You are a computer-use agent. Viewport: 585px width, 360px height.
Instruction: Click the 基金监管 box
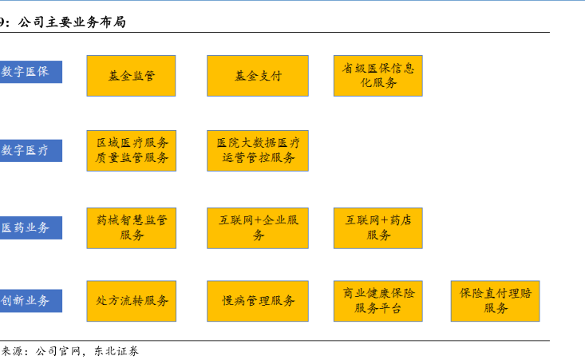132,76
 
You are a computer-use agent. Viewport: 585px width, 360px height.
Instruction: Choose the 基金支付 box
257,76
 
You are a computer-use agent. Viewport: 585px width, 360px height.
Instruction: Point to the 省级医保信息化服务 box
377,75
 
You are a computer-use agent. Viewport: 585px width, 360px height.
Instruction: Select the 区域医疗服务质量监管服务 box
132,150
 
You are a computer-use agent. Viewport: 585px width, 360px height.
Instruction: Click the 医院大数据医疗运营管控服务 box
257,150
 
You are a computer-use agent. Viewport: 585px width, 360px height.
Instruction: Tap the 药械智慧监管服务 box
132,227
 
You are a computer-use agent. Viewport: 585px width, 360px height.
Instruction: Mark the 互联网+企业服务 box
257,227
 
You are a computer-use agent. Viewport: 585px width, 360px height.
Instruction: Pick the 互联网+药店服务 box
377,227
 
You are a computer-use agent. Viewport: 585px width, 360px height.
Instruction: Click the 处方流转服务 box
132,301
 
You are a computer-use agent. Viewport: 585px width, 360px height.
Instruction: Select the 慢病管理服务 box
257,301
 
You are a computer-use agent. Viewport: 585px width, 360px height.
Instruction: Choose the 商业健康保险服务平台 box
377,301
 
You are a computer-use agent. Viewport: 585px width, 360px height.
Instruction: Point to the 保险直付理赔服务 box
495,301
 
